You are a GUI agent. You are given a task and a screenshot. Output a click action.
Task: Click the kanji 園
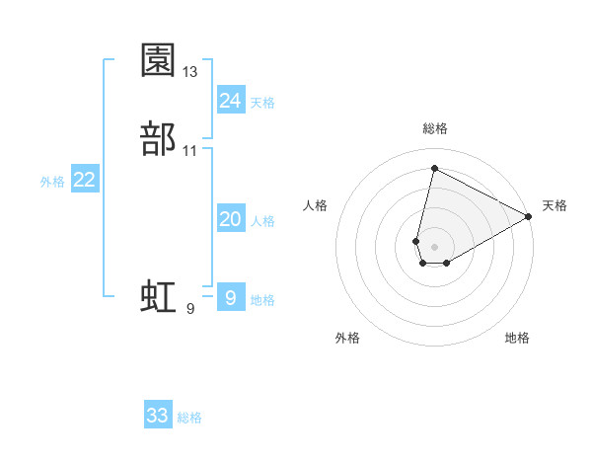pyautogui.click(x=159, y=60)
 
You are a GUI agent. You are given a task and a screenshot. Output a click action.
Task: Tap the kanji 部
pyautogui.click(x=159, y=138)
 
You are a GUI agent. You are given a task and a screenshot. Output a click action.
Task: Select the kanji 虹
pyautogui.click(x=159, y=297)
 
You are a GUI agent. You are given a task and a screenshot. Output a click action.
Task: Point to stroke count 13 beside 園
pyautogui.click(x=190, y=72)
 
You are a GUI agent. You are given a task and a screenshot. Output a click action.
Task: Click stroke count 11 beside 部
pyautogui.click(x=190, y=151)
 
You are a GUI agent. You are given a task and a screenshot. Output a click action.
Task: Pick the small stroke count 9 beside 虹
pyautogui.click(x=190, y=309)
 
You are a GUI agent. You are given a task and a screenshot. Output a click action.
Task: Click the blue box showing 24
pyautogui.click(x=230, y=100)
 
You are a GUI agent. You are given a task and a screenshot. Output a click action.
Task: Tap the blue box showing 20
pyautogui.click(x=230, y=220)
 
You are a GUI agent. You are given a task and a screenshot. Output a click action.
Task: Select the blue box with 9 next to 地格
pyautogui.click(x=230, y=297)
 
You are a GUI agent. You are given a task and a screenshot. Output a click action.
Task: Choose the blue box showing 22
pyautogui.click(x=85, y=180)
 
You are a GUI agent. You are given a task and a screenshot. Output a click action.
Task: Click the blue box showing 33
pyautogui.click(x=158, y=416)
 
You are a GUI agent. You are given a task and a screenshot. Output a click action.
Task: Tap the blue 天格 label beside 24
pyautogui.click(x=262, y=102)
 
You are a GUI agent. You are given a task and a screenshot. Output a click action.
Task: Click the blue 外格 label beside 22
pyautogui.click(x=52, y=182)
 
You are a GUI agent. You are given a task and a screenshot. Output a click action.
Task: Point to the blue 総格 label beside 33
pyautogui.click(x=189, y=418)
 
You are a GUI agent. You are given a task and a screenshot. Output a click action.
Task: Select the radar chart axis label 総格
pyautogui.click(x=435, y=128)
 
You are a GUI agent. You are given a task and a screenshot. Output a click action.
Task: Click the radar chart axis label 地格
pyautogui.click(x=517, y=339)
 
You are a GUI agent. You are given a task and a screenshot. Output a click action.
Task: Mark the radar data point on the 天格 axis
pyautogui.click(x=529, y=217)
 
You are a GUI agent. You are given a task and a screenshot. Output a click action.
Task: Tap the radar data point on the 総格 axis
pyautogui.click(x=433, y=168)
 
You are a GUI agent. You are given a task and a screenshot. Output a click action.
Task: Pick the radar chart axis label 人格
pyautogui.click(x=316, y=205)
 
